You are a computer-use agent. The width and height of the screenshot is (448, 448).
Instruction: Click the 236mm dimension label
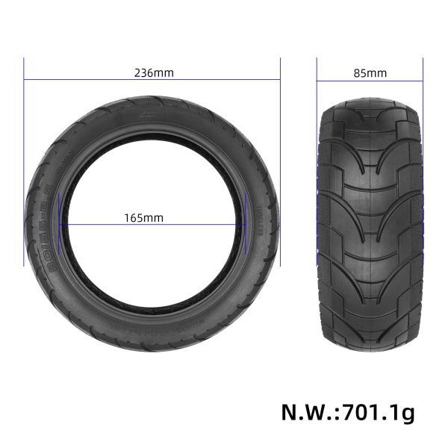(153, 73)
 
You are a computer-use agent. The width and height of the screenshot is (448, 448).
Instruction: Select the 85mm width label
(372, 73)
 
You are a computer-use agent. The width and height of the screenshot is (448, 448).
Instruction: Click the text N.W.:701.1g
(348, 411)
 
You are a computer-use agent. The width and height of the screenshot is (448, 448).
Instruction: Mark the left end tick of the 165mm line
(60, 225)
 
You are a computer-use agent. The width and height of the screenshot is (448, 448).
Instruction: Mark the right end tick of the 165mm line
(245, 225)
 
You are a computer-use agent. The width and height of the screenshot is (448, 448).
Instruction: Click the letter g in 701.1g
(407, 413)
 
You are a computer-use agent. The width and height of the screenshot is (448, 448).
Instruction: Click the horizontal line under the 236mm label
(152, 81)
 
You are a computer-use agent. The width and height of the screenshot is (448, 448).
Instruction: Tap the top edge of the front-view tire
(370, 99)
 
